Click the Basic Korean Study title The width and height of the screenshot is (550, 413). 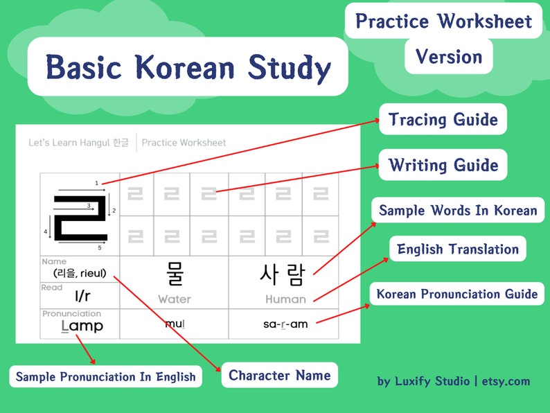click(187, 67)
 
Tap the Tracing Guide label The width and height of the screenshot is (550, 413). click(443, 119)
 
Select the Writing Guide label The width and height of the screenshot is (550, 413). click(443, 165)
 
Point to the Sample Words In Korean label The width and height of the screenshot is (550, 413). click(458, 210)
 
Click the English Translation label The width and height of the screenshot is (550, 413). click(458, 249)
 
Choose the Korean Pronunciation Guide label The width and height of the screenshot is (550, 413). click(456, 294)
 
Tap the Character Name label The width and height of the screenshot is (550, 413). click(279, 376)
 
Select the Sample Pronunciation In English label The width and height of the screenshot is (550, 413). click(105, 377)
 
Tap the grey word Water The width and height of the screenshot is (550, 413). click(174, 299)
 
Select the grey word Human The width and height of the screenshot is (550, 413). click(285, 299)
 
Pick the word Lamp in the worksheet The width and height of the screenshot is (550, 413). click(82, 326)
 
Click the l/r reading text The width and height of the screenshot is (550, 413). click(82, 297)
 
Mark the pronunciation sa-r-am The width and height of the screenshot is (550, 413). click(285, 324)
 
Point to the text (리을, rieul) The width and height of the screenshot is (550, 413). click(80, 273)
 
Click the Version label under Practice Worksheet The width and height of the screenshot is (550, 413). click(448, 56)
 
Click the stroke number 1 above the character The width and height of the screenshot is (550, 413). click(97, 183)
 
